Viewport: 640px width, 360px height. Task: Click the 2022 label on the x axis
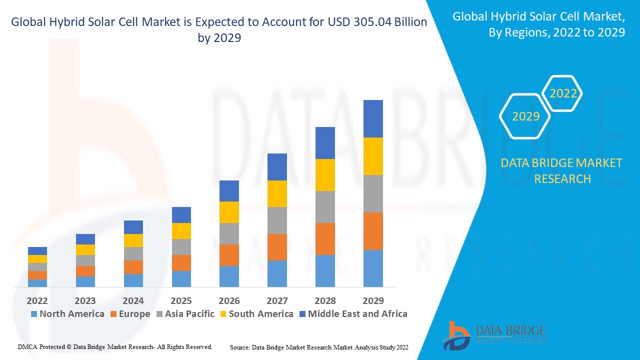[x=37, y=300]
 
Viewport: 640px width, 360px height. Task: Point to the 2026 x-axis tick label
[x=229, y=300]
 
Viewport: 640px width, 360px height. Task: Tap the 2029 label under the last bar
[x=373, y=300]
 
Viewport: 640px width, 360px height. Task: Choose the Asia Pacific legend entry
[x=185, y=314]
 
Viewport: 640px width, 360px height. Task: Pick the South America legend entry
[x=256, y=314]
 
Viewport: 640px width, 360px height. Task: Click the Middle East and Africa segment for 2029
[x=373, y=118]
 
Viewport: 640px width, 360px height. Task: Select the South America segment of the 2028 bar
[x=325, y=175]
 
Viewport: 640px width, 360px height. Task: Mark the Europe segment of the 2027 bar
[x=277, y=247]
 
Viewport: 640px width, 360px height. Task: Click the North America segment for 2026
[x=229, y=276]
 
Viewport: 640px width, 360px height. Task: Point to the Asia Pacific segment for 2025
[x=181, y=247]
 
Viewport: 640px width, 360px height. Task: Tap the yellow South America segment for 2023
[x=85, y=249]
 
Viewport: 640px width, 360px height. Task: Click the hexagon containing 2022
[x=563, y=93]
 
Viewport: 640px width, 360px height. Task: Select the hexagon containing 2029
[x=525, y=116]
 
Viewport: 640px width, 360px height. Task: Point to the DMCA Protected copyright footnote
[x=115, y=346]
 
